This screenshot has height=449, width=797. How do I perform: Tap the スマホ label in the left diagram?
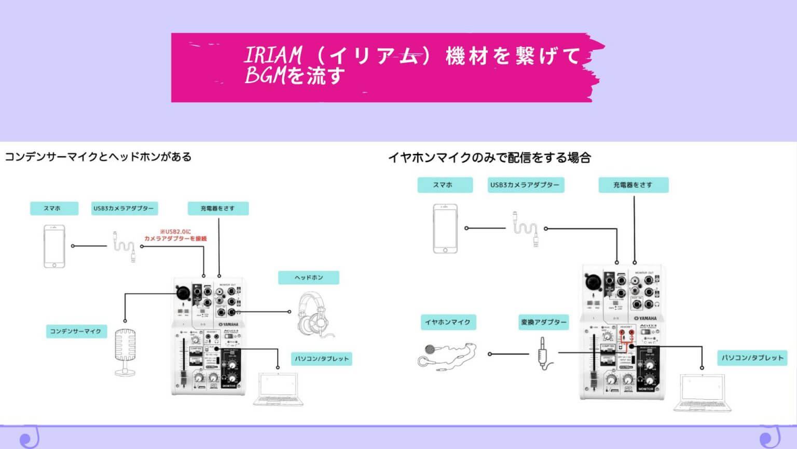tap(54, 208)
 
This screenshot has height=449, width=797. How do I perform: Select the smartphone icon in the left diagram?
tap(54, 246)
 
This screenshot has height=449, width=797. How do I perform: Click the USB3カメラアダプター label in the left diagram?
tap(123, 208)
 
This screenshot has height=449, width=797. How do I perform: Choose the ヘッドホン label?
tap(309, 278)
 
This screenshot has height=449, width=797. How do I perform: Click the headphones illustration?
tap(312, 314)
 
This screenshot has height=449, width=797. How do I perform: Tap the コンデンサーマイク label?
tap(76, 331)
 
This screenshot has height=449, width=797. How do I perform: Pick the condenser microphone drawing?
tap(125, 351)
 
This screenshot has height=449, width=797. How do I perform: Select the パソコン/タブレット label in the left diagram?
tap(322, 359)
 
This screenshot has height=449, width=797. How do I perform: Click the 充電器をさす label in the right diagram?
tap(633, 185)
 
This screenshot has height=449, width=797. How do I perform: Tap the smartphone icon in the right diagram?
tap(445, 229)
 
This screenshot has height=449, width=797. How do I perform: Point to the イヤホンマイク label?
tap(448, 322)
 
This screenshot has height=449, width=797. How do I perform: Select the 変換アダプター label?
tap(543, 322)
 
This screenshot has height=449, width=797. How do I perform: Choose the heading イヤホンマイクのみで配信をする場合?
tap(489, 157)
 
